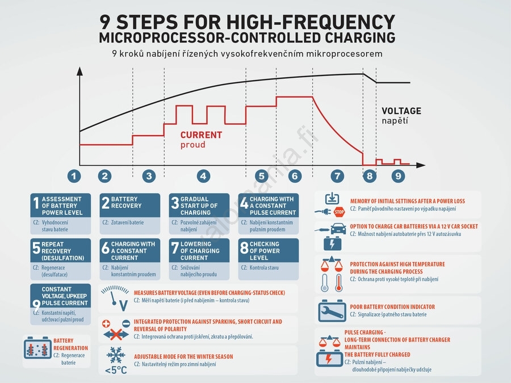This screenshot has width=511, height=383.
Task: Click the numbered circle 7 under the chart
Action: [337, 176]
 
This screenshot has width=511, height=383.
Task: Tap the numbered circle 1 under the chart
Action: [74, 176]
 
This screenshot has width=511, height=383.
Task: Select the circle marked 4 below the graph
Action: [203, 176]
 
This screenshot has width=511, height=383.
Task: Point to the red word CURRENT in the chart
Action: [201, 135]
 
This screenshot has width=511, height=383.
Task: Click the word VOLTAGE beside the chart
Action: [401, 111]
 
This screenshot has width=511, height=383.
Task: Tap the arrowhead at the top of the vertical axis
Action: [79, 71]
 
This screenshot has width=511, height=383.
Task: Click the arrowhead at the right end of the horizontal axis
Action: [421, 165]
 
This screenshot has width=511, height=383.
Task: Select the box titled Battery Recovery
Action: [129, 214]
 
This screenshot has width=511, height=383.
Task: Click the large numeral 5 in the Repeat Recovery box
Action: [36, 248]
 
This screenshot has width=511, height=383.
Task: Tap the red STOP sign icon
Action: [340, 212]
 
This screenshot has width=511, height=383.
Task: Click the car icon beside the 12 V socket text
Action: [338, 229]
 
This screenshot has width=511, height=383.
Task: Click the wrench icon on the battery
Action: [332, 312]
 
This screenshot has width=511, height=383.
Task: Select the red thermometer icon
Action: [339, 283]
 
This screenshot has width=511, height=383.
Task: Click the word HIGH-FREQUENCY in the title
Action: [311, 22]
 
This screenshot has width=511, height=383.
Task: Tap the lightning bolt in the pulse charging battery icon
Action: [329, 359]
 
